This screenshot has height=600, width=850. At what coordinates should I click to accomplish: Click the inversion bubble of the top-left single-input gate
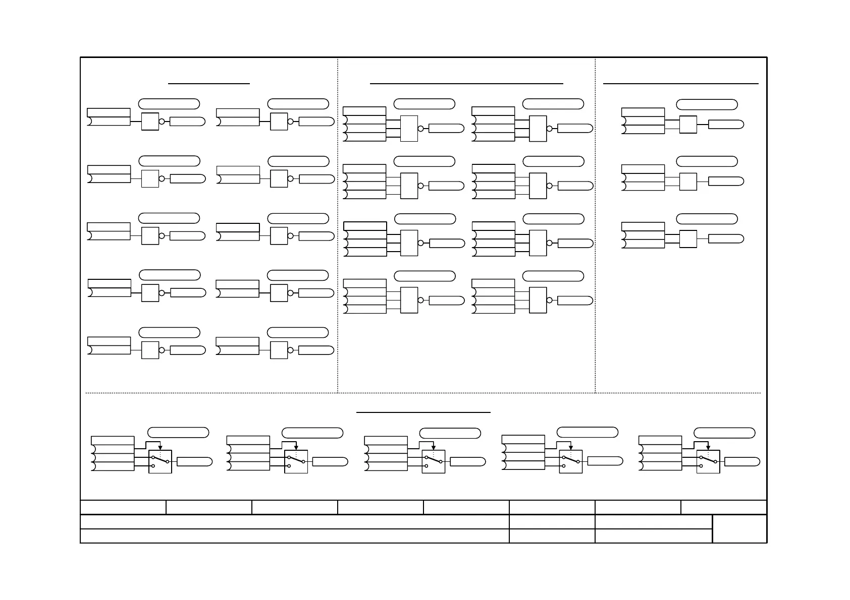(x=162, y=122)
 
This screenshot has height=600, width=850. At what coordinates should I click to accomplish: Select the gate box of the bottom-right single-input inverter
(x=279, y=350)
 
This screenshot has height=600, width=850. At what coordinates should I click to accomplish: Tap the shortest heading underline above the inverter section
(x=209, y=84)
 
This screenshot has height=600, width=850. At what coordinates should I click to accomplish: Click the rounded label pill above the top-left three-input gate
(x=424, y=104)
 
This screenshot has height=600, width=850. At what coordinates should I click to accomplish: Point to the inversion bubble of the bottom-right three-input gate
(x=549, y=301)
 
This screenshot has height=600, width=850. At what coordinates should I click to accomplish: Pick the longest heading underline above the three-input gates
(x=466, y=84)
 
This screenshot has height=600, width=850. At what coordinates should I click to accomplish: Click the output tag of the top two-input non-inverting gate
(x=726, y=125)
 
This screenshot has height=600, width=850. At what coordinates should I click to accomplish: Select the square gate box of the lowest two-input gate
(x=688, y=239)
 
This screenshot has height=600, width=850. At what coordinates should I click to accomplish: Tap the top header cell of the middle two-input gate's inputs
(x=643, y=169)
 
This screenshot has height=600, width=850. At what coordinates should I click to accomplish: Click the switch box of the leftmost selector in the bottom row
(x=161, y=462)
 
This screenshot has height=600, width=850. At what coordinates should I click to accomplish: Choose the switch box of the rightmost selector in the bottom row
(x=708, y=462)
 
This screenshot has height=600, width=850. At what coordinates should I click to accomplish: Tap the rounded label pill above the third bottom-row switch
(x=450, y=433)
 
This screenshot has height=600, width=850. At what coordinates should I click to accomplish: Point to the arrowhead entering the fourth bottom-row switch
(x=571, y=447)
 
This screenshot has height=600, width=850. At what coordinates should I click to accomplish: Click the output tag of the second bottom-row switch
(x=330, y=462)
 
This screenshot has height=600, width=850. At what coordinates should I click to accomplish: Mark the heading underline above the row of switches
(x=423, y=412)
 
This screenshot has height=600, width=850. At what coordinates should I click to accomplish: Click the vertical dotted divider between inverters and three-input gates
(x=338, y=227)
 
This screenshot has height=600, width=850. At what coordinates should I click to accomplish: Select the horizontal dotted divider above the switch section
(x=423, y=393)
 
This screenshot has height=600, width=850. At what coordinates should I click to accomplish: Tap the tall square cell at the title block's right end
(x=739, y=529)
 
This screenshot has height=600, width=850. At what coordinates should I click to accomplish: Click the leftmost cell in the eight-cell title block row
(x=123, y=507)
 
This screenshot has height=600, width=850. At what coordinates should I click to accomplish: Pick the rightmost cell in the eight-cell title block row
(x=724, y=507)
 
